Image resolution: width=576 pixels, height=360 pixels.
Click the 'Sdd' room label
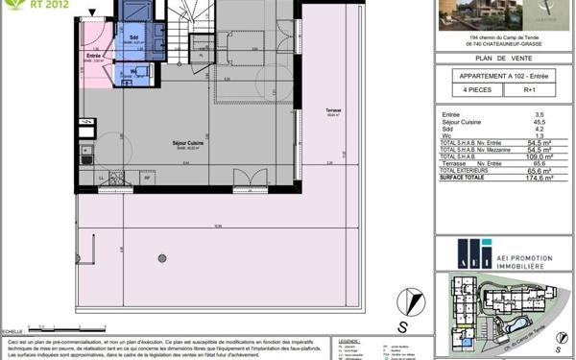(132, 37)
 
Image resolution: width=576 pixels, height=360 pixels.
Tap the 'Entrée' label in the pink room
(94, 56)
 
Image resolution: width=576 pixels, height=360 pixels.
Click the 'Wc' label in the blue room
(135, 70)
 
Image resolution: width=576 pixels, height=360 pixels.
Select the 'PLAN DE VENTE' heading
(503, 60)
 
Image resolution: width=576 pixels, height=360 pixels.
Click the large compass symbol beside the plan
(410, 300)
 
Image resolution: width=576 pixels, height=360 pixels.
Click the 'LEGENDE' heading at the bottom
(348, 339)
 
